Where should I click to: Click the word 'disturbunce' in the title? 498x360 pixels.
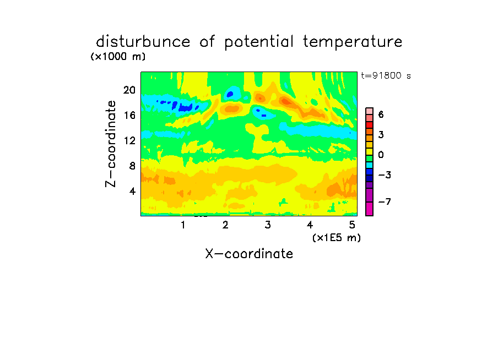[x=143, y=42]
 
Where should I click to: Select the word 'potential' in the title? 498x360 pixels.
[x=259, y=42]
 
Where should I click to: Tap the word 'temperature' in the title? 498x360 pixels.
[x=353, y=42]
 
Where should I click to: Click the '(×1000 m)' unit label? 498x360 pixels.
[x=118, y=57]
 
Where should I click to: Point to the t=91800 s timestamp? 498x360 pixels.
[x=386, y=75]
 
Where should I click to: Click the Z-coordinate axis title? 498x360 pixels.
[x=111, y=144]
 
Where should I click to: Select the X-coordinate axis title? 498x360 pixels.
[x=249, y=254]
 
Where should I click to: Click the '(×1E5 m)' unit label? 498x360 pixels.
[x=337, y=238]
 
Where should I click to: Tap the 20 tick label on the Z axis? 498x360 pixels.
[x=129, y=90]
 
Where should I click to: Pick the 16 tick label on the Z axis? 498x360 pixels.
[x=129, y=115]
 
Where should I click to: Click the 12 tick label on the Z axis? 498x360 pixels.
[x=129, y=140]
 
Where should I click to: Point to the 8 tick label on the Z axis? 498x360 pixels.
[x=132, y=166]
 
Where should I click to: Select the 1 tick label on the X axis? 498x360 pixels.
[x=183, y=225]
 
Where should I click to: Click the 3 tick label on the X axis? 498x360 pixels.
[x=268, y=225]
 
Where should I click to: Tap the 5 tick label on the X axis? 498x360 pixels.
[x=352, y=225]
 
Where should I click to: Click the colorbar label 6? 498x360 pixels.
[x=381, y=114]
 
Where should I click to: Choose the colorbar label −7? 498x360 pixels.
[x=385, y=201]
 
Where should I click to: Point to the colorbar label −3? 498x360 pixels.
[x=385, y=175]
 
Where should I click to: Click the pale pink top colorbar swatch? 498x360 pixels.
[x=370, y=111]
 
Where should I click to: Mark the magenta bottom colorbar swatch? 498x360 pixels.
[x=370, y=209]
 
